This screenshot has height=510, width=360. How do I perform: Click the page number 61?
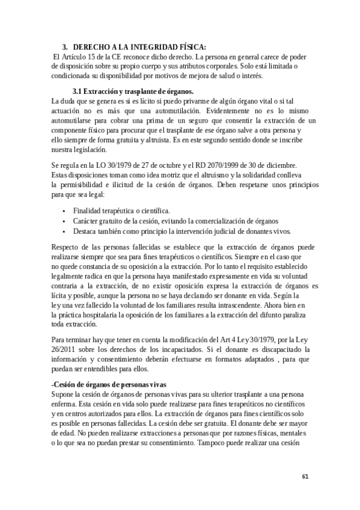(305, 476)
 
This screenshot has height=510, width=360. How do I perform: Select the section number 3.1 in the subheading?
(73, 91)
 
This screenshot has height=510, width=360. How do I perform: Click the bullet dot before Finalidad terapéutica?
(64, 211)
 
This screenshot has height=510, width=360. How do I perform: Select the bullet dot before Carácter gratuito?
(64, 221)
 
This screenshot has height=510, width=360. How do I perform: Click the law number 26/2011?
(64, 349)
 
